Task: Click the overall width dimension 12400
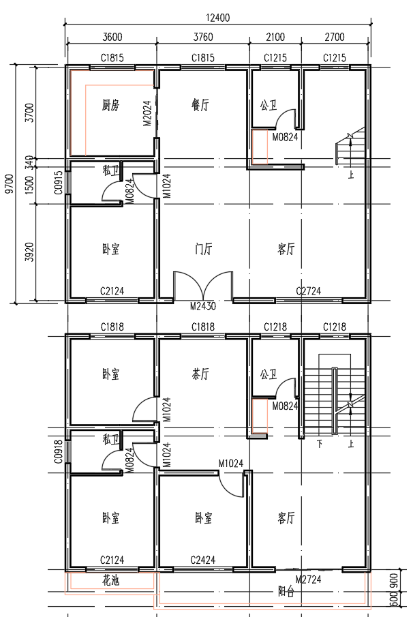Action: (217, 18)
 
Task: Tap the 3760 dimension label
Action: (203, 37)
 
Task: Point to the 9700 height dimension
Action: (10, 184)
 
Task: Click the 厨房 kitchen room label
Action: (110, 105)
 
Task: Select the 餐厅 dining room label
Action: (200, 105)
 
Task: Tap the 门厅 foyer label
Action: (203, 249)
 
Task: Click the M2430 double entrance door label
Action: (203, 305)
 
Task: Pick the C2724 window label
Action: (309, 291)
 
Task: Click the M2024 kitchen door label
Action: (147, 113)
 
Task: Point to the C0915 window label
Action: (58, 183)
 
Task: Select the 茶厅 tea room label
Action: (200, 374)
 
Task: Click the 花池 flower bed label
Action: (110, 580)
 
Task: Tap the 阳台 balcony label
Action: (286, 592)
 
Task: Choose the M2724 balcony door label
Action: (308, 580)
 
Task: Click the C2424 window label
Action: (203, 560)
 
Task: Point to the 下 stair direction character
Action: (320, 445)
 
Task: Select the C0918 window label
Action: (58, 452)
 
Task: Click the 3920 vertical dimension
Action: (29, 252)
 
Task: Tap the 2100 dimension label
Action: (275, 37)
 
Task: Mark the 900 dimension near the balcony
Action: (394, 581)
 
